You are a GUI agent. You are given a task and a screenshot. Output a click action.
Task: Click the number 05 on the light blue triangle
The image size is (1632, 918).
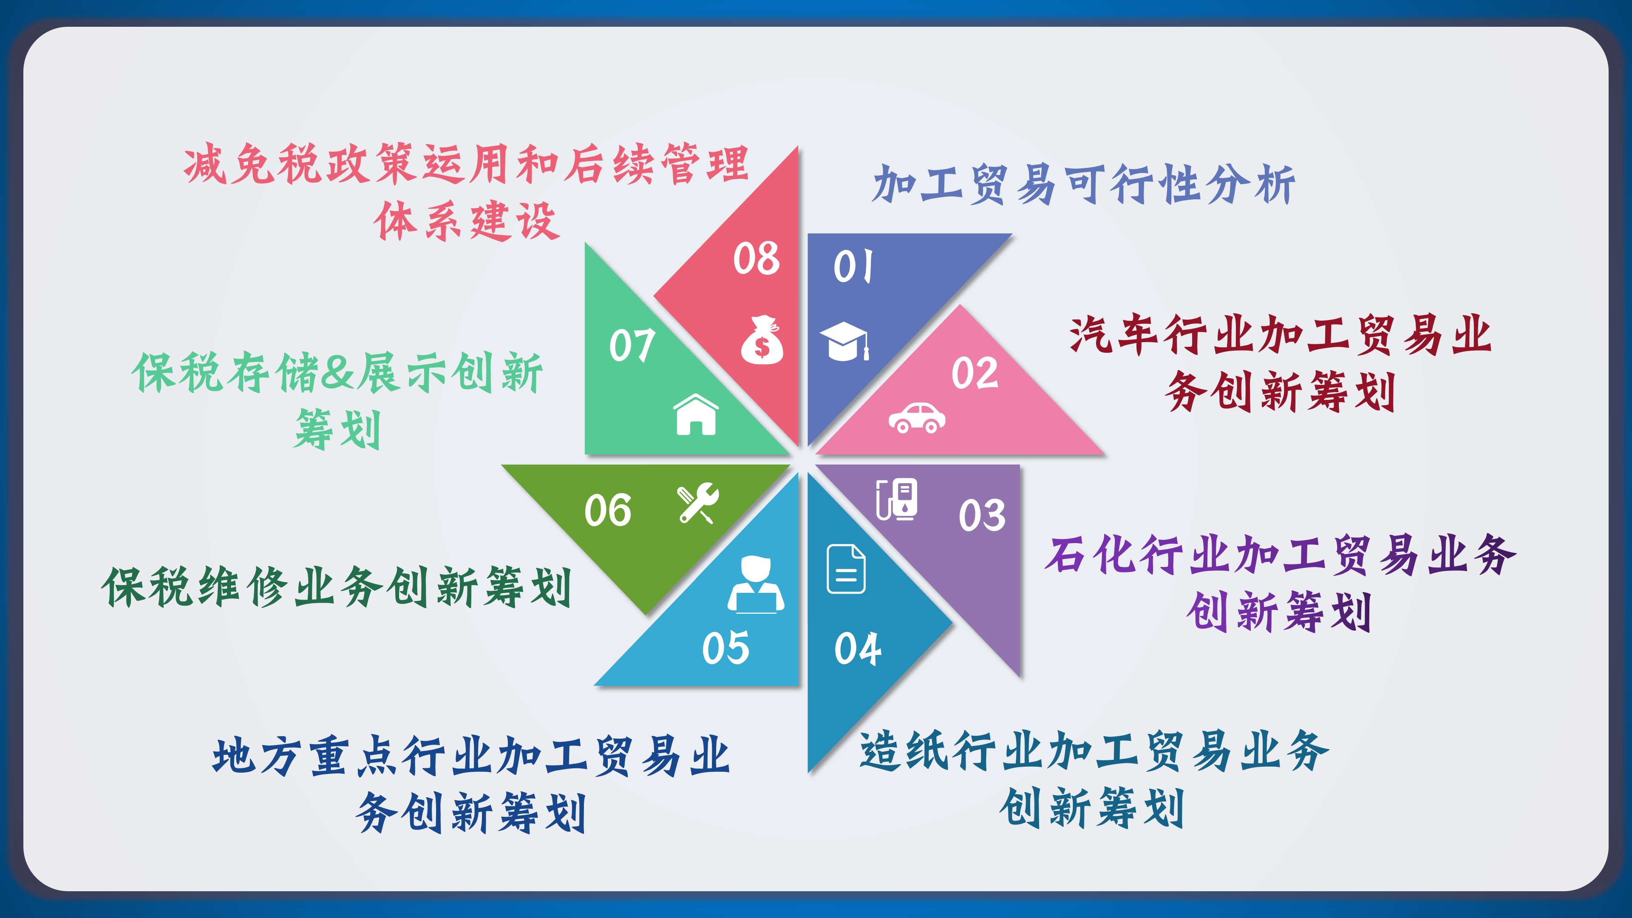click(x=725, y=648)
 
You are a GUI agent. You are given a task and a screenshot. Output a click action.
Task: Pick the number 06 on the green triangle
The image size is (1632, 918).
click(x=608, y=510)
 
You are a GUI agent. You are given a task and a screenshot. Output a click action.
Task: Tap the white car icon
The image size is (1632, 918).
click(x=917, y=417)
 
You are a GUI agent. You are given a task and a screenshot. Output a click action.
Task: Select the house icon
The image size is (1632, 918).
click(x=696, y=414)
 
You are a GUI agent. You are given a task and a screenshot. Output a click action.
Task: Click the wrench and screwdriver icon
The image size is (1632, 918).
click(x=697, y=503)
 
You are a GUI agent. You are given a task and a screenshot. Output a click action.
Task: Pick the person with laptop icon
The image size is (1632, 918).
click(x=756, y=585)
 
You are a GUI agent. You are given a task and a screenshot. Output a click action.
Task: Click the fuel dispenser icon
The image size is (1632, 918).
click(x=896, y=499)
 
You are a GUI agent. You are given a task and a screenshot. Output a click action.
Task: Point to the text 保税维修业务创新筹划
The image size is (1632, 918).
click(x=337, y=586)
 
